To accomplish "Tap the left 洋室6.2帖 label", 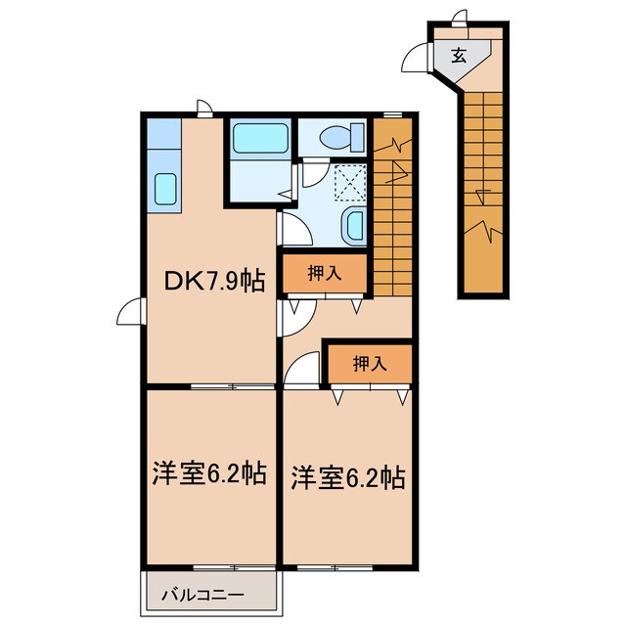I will click(206, 473).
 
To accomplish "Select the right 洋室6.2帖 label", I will click(347, 478).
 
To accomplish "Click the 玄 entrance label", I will click(458, 56).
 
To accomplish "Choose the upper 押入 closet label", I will click(326, 274).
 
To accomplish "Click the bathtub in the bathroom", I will click(259, 138).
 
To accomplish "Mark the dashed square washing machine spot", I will click(348, 181).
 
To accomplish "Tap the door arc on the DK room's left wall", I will click(130, 313).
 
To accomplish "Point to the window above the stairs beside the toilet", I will click(394, 115).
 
